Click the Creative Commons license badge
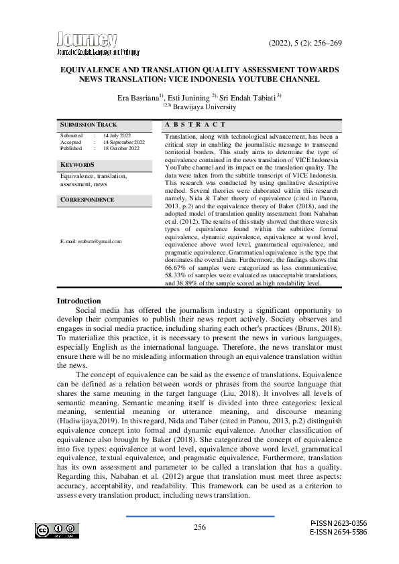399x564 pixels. click(57, 531)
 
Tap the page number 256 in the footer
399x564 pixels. click(200, 528)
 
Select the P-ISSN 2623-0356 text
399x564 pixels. click(339, 522)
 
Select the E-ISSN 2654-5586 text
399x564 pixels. click(339, 532)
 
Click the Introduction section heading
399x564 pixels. click(78, 301)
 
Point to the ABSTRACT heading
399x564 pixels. click(195, 125)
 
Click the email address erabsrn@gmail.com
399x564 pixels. click(91, 241)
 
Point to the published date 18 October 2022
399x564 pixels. click(121, 148)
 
